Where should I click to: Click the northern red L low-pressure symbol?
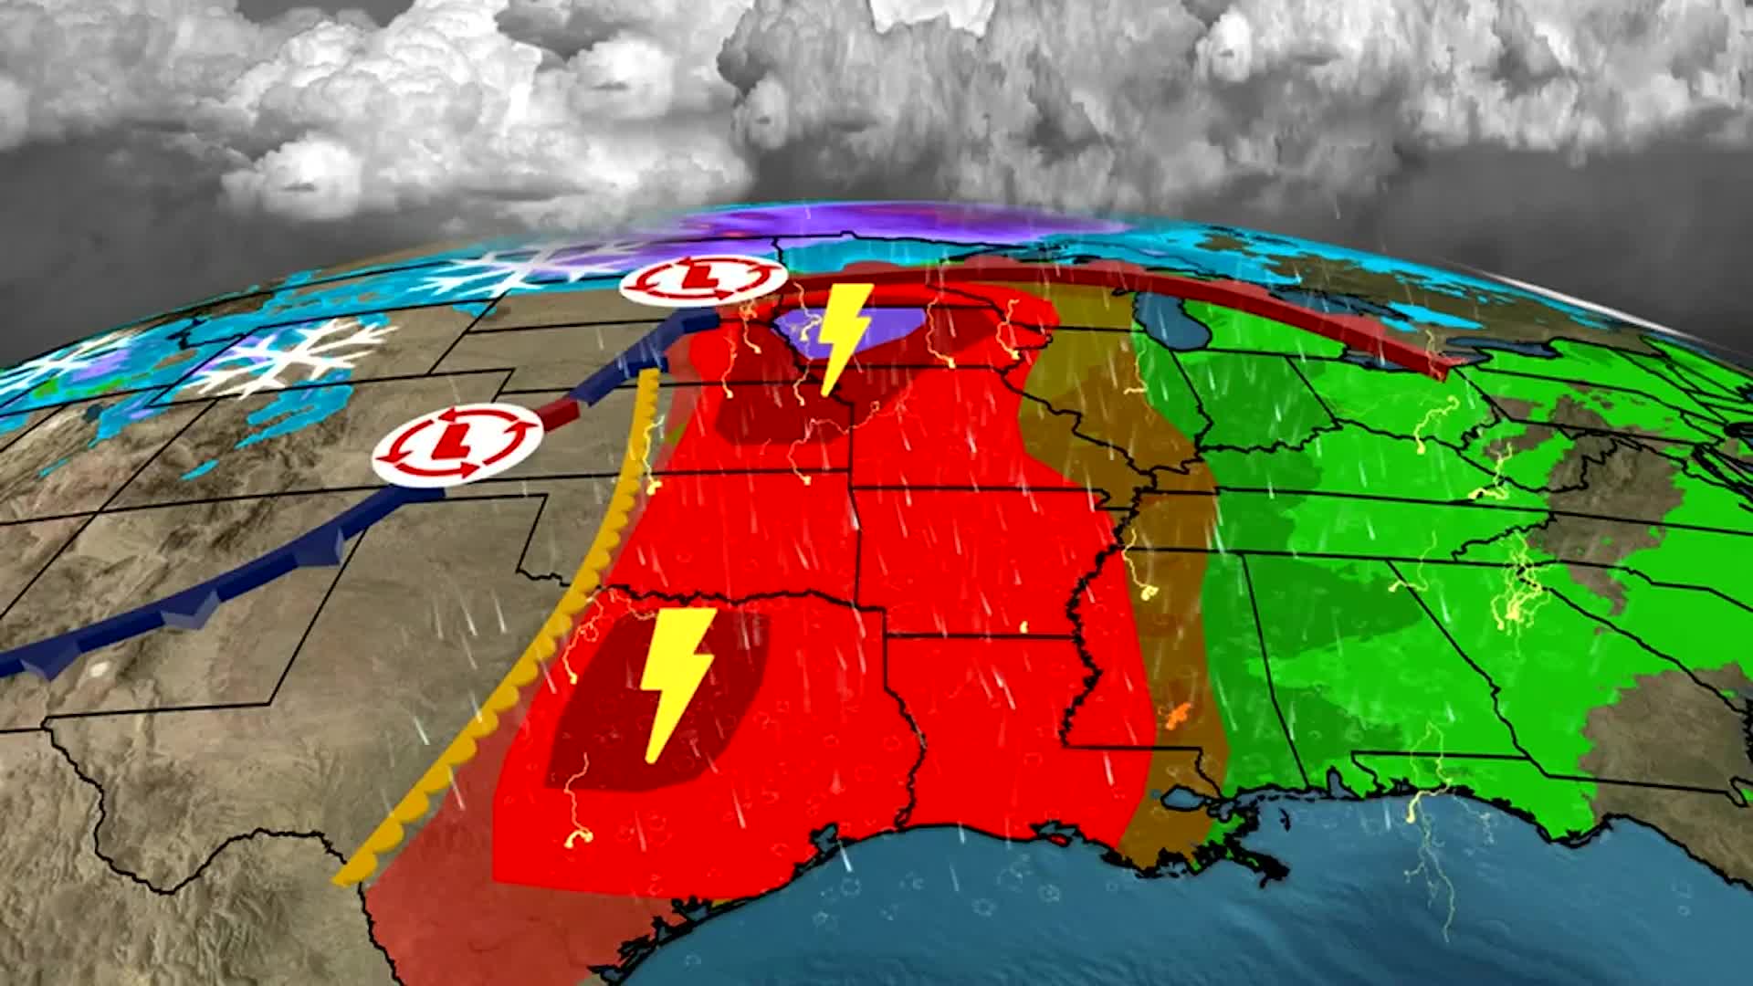point(702,280)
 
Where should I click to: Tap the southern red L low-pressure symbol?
point(457,441)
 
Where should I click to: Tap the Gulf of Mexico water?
point(1004,913)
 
